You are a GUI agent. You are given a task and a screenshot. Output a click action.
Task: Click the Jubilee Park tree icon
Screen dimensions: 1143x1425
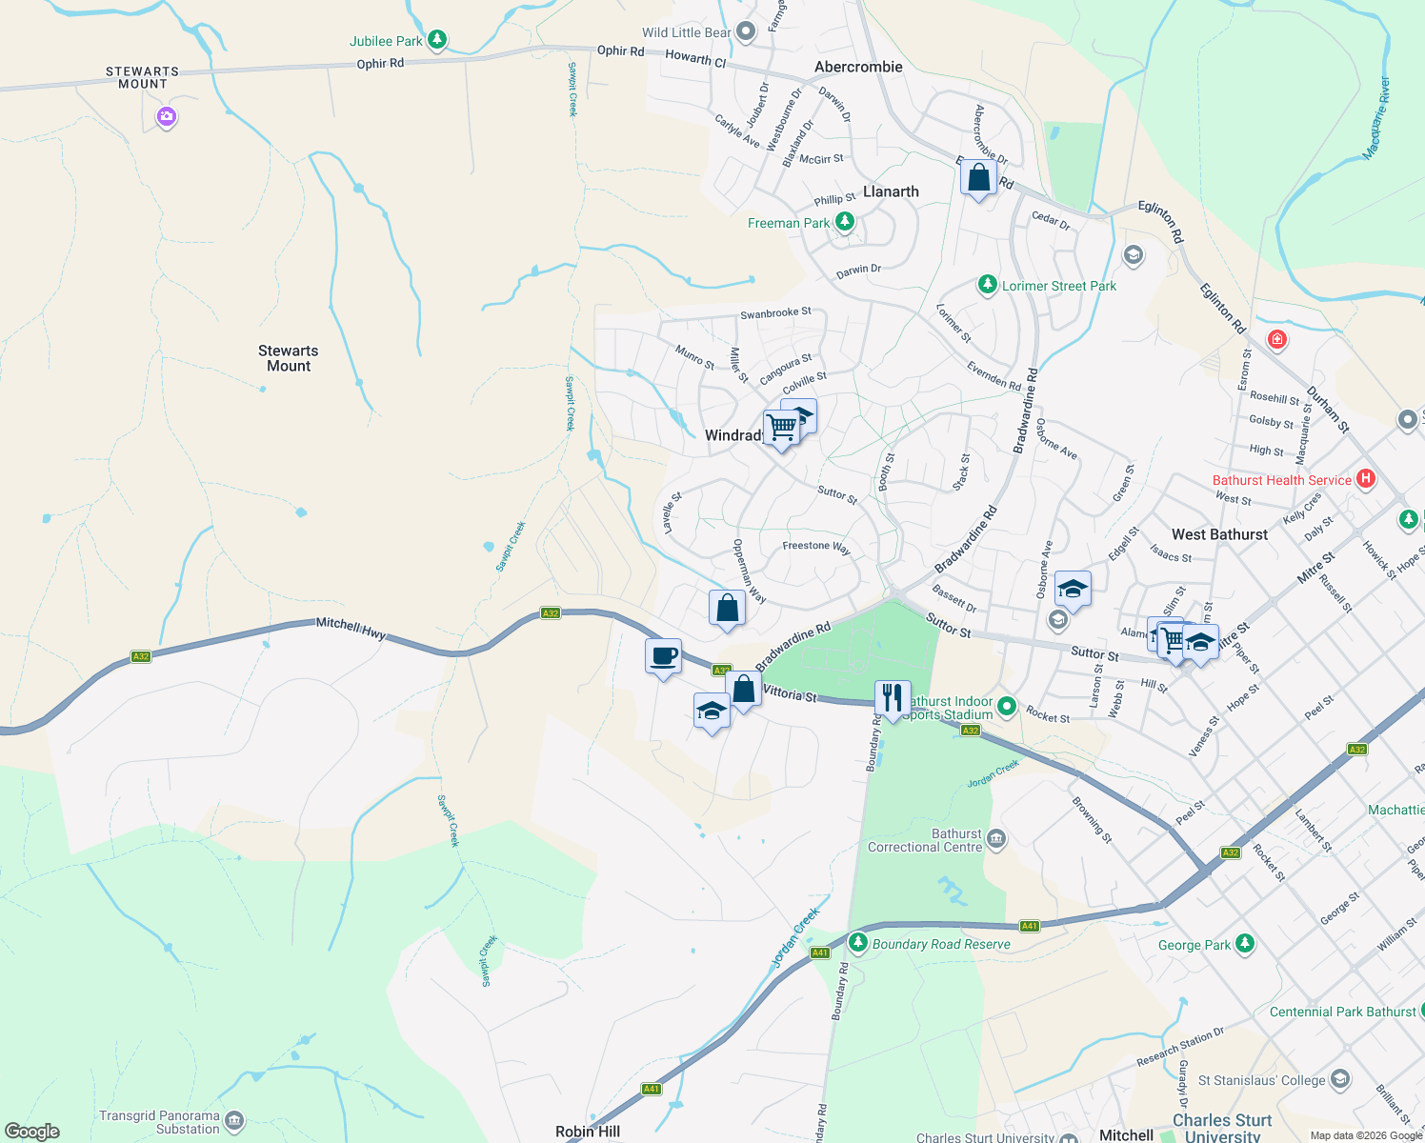pos(437,40)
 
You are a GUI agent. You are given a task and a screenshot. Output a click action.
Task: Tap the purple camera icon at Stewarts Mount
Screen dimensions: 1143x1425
pos(167,117)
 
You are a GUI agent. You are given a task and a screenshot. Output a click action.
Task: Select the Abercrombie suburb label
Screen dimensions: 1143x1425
pos(858,67)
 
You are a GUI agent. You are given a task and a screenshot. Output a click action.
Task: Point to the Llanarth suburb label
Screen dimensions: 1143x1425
pos(891,191)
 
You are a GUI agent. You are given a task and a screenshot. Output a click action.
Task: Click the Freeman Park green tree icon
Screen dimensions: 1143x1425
pos(844,222)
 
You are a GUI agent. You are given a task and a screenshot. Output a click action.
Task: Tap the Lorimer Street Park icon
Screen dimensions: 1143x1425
pos(987,285)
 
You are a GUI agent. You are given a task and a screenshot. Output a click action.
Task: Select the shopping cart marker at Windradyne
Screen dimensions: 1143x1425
pos(781,427)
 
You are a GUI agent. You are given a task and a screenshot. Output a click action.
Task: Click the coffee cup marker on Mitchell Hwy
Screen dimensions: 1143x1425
pos(663,656)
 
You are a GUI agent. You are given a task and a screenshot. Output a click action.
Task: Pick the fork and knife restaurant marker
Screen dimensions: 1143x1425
pos(892,698)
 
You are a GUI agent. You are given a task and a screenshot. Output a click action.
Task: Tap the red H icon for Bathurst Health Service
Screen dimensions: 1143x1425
pos(1365,479)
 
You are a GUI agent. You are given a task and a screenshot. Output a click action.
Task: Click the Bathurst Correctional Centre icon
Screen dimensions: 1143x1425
pos(996,839)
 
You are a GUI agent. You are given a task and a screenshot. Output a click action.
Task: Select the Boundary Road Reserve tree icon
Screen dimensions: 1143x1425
pos(858,943)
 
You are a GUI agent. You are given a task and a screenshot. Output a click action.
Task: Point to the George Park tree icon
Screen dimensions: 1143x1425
pos(1244,944)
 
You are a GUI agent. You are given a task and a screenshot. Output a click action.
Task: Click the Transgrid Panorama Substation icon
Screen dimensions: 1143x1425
pos(234,1121)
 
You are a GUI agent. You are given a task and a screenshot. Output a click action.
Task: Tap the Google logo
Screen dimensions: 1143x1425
pos(32,1132)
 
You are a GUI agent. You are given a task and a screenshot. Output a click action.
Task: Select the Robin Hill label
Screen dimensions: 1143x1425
pos(588,1132)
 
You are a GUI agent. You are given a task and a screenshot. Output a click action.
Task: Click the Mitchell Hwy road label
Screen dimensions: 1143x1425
pos(351,628)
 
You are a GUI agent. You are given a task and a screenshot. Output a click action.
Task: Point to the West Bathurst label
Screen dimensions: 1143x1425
pos(1219,535)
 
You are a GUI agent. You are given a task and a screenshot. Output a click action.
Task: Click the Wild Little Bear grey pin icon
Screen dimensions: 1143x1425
pos(746,32)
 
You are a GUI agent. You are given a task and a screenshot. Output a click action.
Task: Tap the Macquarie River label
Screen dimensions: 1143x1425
pos(1377,118)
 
